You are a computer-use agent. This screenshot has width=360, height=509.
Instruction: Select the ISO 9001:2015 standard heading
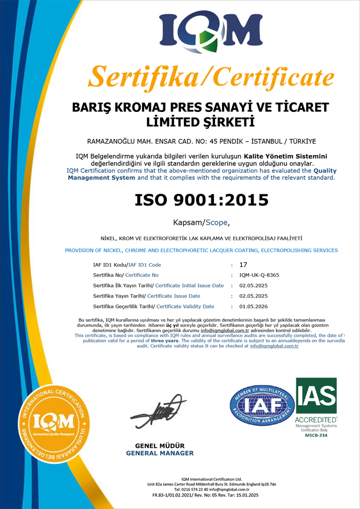(201, 200)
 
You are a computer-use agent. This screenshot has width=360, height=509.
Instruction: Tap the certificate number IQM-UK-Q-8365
(259, 275)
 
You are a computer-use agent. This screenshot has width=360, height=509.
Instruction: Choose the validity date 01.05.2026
(253, 306)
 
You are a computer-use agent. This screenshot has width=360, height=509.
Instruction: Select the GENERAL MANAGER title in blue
(160, 453)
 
